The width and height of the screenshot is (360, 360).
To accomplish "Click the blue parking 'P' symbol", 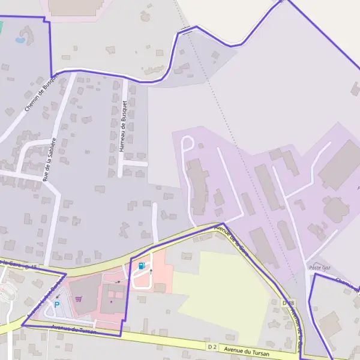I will click(x=57, y=304).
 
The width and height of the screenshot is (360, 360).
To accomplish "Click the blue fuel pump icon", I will click(x=142, y=266).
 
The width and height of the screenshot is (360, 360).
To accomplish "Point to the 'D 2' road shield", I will click(x=212, y=346).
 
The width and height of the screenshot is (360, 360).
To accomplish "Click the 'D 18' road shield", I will click(x=289, y=303).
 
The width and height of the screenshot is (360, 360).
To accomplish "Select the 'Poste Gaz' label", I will click(x=320, y=267).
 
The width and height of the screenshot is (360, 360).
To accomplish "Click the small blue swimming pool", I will click(x=20, y=41).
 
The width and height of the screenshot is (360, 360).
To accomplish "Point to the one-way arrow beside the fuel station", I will click(x=151, y=271).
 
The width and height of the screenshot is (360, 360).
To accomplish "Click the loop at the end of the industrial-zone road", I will click(x=187, y=144).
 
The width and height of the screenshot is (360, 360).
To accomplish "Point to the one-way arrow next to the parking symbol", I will click(x=57, y=296).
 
